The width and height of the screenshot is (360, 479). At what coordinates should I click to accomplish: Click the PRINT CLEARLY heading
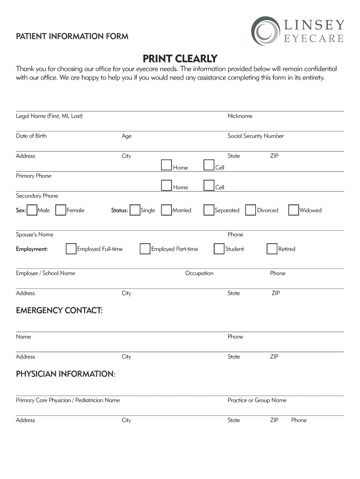click(180, 59)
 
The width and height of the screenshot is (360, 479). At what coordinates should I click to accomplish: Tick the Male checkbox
click(32, 210)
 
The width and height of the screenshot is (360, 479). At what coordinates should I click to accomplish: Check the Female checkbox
click(60, 210)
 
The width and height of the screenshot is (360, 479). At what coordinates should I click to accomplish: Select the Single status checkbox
click(135, 210)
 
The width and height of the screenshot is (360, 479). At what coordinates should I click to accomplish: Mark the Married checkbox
click(166, 210)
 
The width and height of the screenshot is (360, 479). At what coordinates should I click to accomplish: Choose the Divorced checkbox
click(251, 210)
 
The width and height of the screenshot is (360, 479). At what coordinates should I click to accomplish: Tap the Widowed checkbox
click(294, 210)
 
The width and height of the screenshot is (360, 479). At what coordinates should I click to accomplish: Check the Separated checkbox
click(209, 210)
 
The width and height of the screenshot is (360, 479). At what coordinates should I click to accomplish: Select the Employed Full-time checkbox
click(71, 249)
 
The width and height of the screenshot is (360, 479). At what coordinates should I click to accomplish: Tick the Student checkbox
click(219, 249)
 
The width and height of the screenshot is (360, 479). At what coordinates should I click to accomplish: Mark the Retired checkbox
click(272, 249)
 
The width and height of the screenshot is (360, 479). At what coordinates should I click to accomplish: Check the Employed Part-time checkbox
click(145, 249)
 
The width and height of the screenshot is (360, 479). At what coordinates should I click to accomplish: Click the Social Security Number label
click(255, 136)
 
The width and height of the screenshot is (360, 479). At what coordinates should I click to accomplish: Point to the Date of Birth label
click(31, 136)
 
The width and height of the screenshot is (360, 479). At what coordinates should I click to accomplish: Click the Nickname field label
click(240, 116)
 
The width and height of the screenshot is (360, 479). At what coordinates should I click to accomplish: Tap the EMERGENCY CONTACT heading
click(59, 311)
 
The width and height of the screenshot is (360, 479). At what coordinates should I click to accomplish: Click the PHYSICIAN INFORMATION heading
click(66, 374)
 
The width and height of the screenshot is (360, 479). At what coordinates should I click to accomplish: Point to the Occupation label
click(199, 273)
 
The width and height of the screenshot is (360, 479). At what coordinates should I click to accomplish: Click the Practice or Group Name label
click(257, 400)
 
